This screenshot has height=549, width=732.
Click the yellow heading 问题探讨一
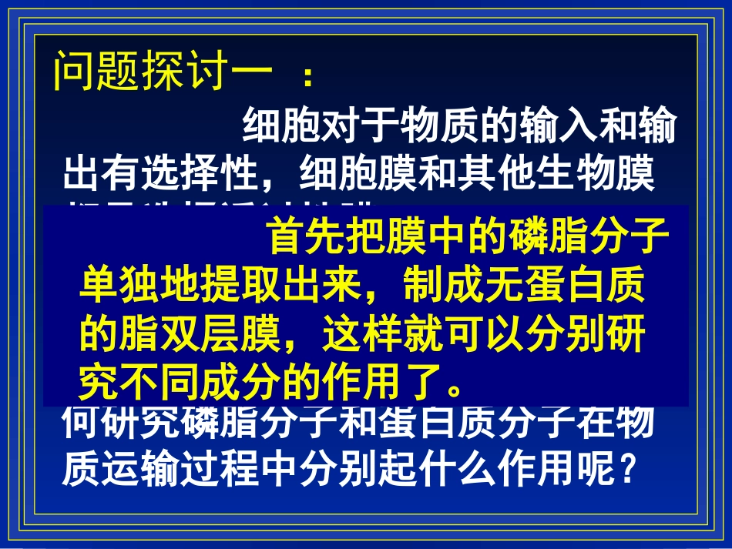[163, 72]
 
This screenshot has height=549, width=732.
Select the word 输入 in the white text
[559, 127]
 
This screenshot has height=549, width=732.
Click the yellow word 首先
[306, 238]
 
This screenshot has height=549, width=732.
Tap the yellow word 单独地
[139, 286]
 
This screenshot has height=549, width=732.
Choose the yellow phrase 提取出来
[278, 286]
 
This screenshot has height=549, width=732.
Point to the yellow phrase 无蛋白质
[559, 286]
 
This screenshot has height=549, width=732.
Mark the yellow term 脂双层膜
[198, 333]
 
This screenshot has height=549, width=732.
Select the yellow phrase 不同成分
[198, 380]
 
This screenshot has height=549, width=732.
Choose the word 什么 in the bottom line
[457, 465]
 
